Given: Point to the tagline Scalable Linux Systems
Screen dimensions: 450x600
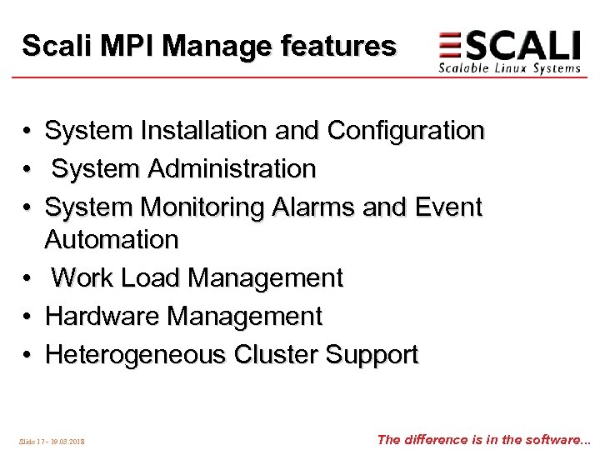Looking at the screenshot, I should [x=509, y=68].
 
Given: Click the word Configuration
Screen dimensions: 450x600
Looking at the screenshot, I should [x=406, y=131].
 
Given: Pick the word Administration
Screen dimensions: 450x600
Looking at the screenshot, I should [x=234, y=169].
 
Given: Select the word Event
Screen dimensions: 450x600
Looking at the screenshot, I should [x=446, y=207].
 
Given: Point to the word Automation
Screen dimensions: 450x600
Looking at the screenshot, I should [x=112, y=240].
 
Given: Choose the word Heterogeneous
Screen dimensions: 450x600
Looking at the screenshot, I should [x=136, y=355].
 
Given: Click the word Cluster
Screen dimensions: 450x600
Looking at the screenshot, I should [x=276, y=355].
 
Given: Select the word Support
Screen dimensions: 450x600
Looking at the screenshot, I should [x=372, y=355].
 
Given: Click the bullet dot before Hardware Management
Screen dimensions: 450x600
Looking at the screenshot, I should [x=27, y=317].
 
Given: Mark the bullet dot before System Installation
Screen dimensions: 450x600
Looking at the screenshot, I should [x=27, y=132].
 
